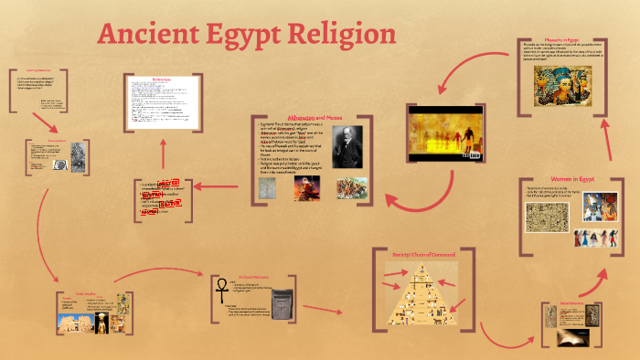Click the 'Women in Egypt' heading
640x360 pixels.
click(x=571, y=178)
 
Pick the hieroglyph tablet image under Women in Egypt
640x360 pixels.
click(x=547, y=217)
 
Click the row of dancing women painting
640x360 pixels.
click(x=594, y=238)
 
